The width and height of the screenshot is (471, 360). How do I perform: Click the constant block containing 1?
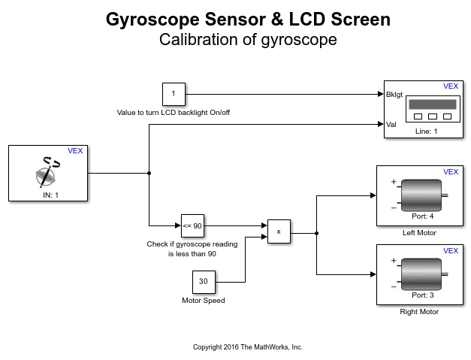174,94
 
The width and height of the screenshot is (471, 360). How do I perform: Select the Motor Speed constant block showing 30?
204,282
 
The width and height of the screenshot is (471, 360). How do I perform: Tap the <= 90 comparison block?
192,225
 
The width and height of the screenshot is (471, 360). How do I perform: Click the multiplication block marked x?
279,231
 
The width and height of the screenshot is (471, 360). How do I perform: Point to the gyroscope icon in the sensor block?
47,172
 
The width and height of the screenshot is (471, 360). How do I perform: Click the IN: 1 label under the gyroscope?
50,195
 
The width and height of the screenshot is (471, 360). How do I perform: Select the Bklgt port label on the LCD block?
394,95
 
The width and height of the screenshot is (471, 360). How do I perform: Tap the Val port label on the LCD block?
391,125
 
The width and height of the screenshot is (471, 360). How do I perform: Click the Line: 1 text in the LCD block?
426,132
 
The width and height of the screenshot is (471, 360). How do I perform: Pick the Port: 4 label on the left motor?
423,216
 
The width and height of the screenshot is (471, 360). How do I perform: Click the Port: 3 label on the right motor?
423,295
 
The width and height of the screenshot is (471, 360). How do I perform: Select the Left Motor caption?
419,233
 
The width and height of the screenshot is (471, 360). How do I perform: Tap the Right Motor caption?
419,312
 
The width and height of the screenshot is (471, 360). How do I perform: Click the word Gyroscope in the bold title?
152,20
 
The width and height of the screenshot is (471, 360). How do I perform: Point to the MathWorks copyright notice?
247,347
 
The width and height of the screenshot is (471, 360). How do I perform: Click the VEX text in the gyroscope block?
75,151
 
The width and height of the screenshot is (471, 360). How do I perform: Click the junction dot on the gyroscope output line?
149,173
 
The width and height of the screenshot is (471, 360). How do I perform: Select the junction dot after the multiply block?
316,233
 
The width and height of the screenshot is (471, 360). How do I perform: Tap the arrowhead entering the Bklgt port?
381,94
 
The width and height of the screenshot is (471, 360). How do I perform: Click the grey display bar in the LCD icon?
433,104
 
